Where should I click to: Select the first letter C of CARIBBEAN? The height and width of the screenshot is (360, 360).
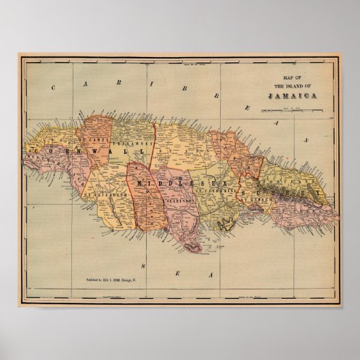point(52,86)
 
